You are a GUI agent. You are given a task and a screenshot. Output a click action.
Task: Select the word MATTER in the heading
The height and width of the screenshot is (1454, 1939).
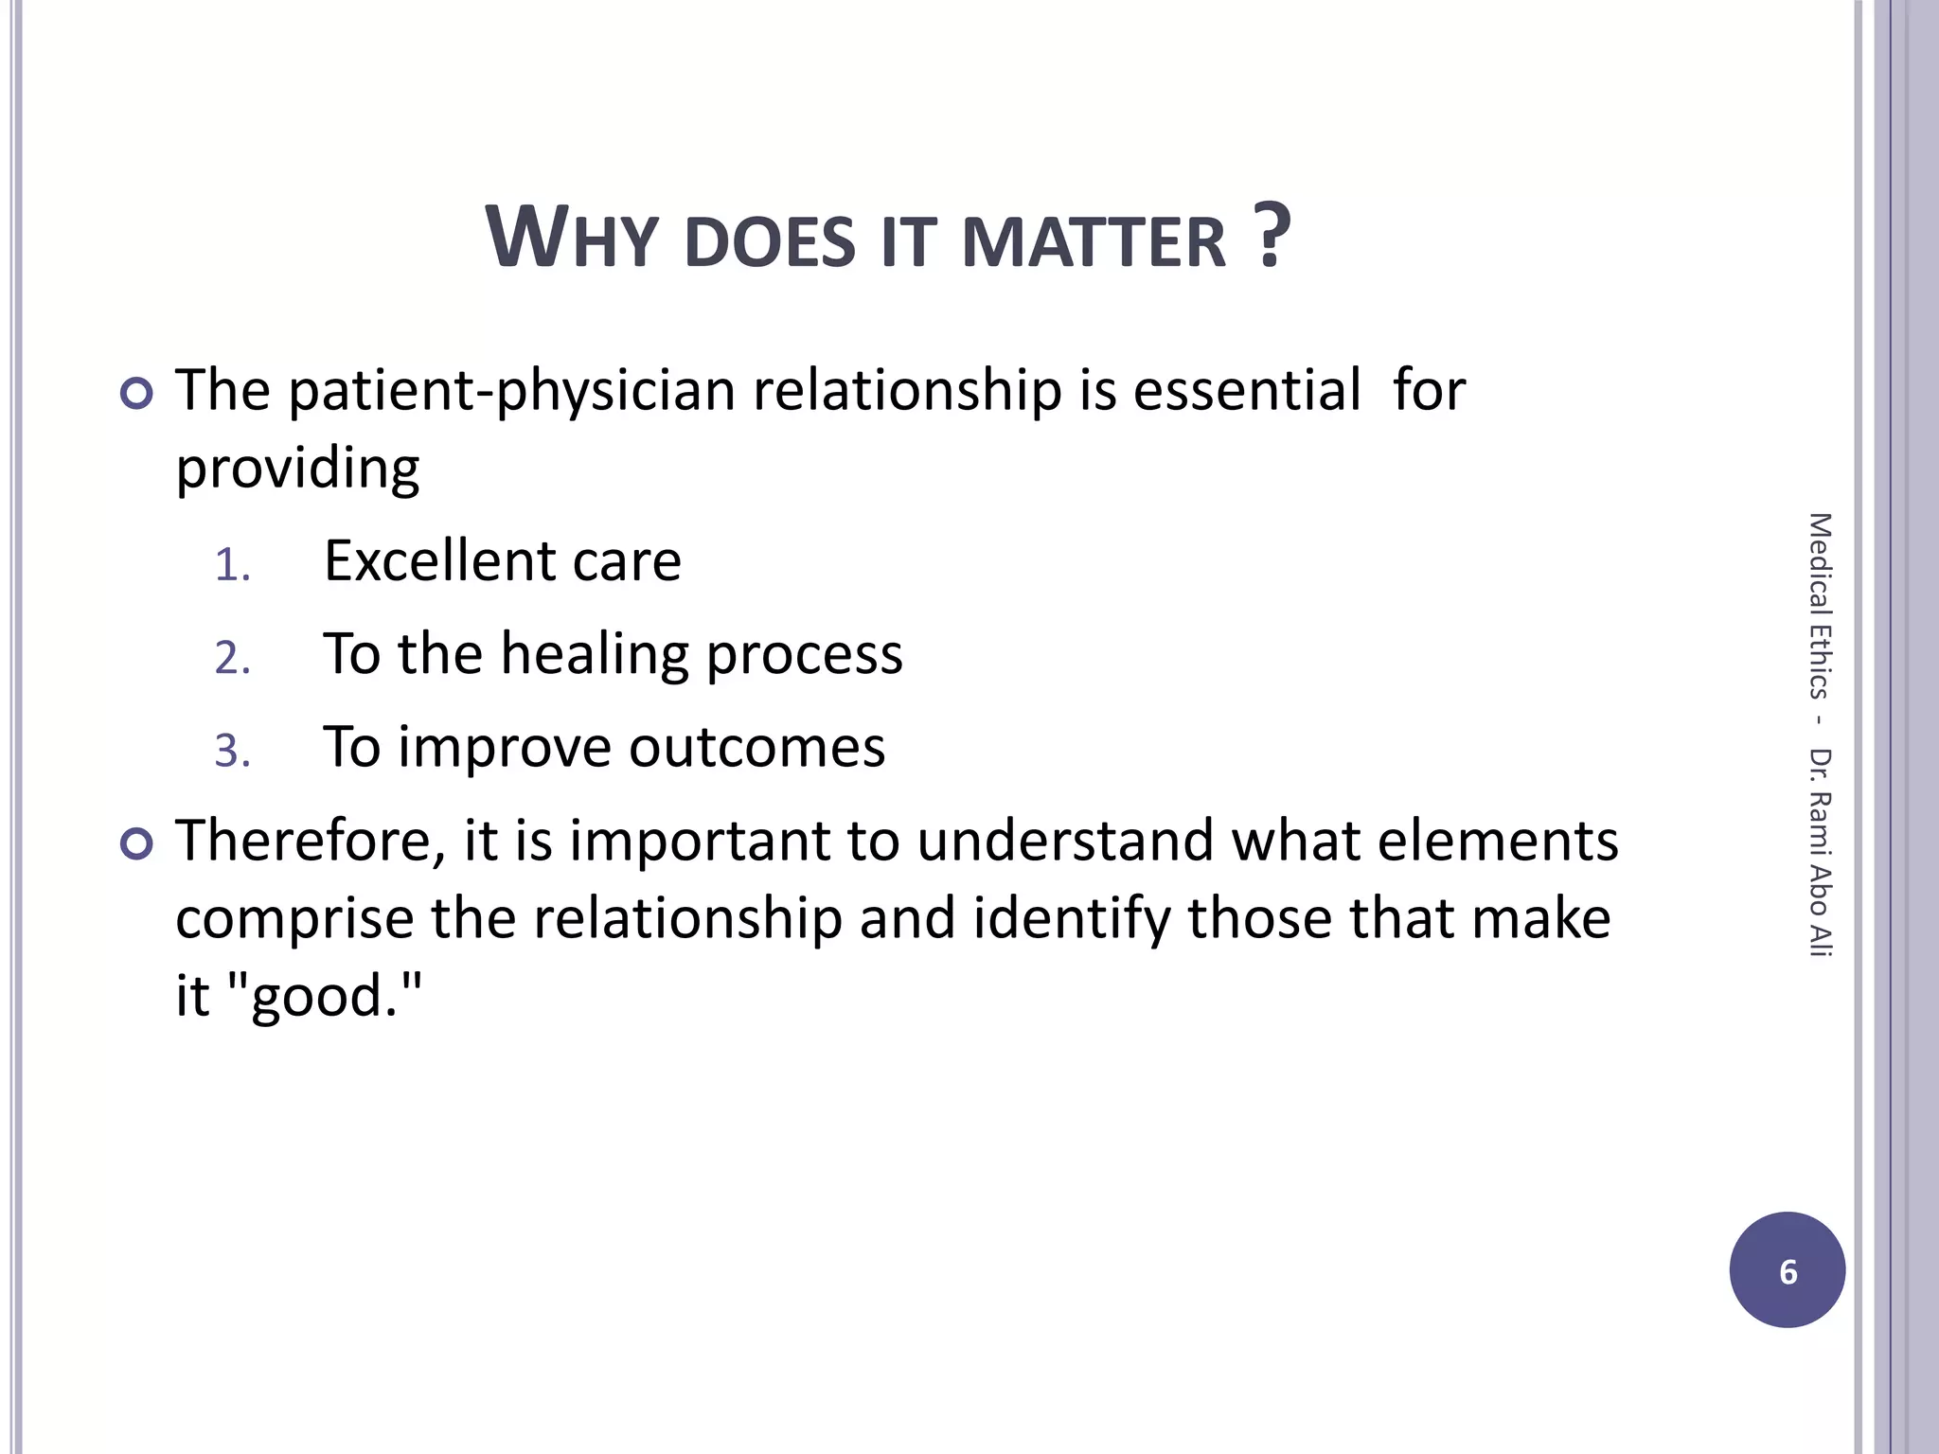coord(1094,242)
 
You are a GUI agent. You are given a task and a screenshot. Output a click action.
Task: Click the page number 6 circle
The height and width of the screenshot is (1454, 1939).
coord(1787,1269)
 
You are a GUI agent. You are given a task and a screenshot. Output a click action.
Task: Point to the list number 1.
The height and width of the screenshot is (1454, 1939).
coord(232,566)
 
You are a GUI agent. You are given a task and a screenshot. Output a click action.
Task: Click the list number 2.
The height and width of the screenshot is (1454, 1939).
coord(232,659)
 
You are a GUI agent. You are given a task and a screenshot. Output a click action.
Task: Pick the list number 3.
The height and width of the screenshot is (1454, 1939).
coord(232,752)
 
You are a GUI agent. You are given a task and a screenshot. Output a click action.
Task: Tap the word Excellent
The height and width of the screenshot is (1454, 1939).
coord(438,560)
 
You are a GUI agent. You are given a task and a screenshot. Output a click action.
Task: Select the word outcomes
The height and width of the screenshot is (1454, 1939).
coord(756,748)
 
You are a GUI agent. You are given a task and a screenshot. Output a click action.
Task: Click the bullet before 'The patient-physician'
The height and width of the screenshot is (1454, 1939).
coord(137,393)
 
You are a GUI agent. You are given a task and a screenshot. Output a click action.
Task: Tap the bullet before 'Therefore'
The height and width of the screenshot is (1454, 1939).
coord(137,843)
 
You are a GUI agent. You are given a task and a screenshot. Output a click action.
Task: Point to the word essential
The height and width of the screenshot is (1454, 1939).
coord(1246,390)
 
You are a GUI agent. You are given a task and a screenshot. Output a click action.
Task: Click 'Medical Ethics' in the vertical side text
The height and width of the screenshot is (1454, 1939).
coord(1820,606)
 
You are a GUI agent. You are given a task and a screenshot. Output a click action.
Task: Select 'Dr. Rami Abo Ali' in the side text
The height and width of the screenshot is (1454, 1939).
coord(1820,852)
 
